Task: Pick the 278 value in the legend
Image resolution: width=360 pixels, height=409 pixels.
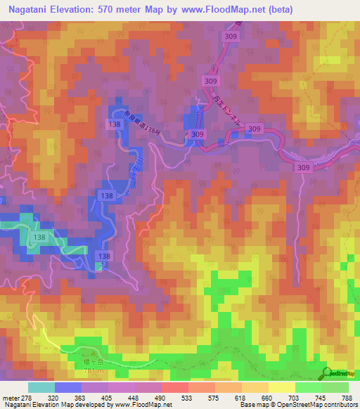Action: [x=27, y=397]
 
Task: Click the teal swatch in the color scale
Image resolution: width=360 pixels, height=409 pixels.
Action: [x=41, y=387]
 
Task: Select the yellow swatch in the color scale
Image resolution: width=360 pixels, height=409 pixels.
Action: [x=282, y=387]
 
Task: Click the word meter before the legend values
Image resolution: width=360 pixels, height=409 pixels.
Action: [x=10, y=397]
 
